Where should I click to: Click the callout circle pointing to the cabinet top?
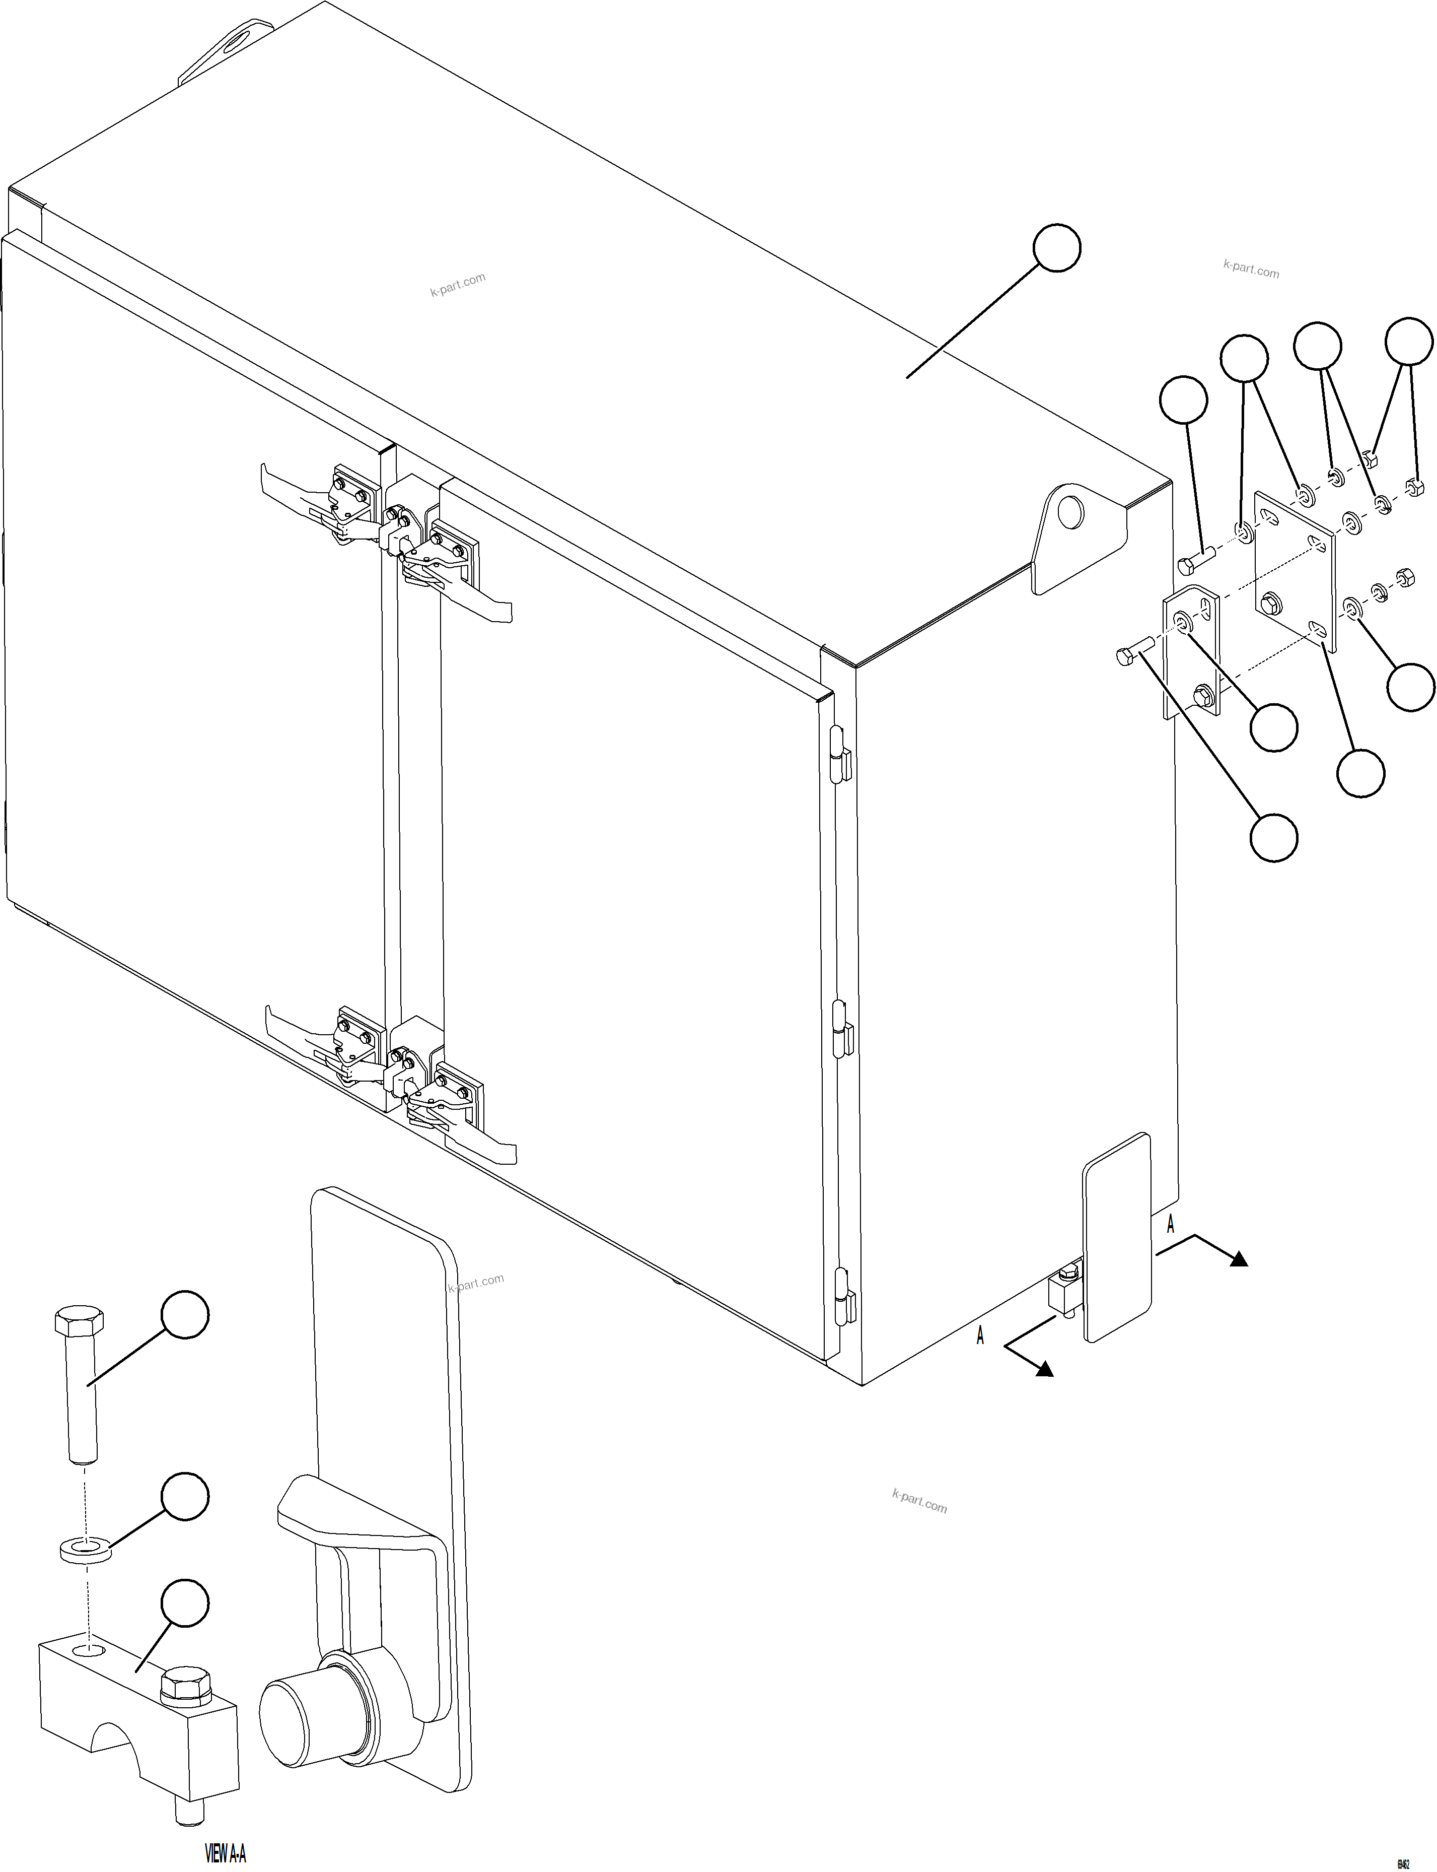(x=1056, y=248)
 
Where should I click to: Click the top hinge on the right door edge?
(x=841, y=755)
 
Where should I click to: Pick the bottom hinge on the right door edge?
(x=845, y=1298)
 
